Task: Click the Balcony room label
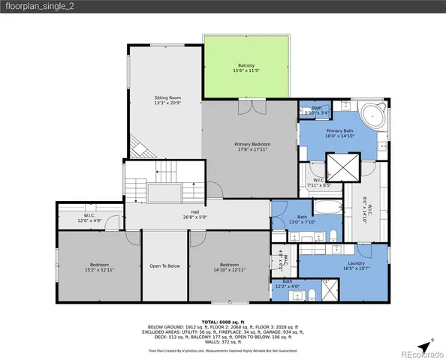pyautogui.click(x=246, y=67)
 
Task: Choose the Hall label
pyautogui.click(x=195, y=215)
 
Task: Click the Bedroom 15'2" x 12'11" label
pyautogui.click(x=100, y=266)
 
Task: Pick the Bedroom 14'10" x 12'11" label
pyautogui.click(x=229, y=266)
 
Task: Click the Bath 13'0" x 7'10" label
pyautogui.click(x=302, y=219)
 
